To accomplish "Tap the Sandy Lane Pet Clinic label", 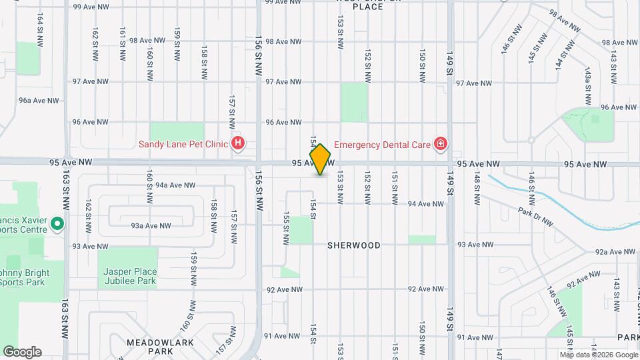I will (182, 143).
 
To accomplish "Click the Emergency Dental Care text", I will (381, 143).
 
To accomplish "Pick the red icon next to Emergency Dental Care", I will (440, 143).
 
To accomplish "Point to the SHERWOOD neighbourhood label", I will (353, 245).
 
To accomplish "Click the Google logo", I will (22, 352).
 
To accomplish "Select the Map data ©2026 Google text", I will (598, 354).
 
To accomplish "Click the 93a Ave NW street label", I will (147, 226).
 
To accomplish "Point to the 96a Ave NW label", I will (39, 101).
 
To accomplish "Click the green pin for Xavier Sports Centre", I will (57, 223).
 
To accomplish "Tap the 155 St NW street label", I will (285, 228).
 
